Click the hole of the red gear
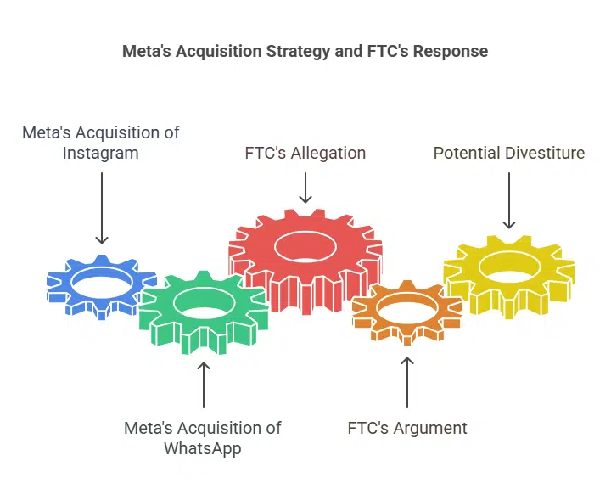305,246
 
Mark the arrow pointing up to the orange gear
406,381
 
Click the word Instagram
100,154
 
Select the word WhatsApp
202,448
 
